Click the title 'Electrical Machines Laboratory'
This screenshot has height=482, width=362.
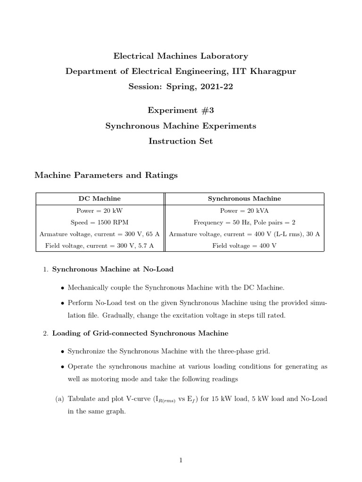point(181,56)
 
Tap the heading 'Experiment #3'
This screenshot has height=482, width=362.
point(181,110)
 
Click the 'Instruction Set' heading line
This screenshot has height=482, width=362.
point(181,141)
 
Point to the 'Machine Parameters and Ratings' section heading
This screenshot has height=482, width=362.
point(106,175)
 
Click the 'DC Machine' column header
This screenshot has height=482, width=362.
point(99,199)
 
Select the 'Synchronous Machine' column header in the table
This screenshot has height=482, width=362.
point(244,199)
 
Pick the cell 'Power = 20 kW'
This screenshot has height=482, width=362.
point(99,211)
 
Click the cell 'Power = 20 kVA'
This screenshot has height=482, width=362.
point(244,211)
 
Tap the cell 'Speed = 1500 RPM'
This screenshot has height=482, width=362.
point(99,222)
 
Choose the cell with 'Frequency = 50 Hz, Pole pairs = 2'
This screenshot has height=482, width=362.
point(244,222)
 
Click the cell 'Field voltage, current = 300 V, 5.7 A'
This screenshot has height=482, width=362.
point(99,245)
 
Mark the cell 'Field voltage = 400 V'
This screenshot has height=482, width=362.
point(244,245)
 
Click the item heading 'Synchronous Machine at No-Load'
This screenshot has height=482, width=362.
point(113,269)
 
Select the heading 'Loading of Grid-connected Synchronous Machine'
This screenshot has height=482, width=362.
point(140,333)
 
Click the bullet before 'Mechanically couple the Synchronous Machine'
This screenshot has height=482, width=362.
point(63,288)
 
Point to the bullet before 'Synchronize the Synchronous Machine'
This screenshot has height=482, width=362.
point(63,352)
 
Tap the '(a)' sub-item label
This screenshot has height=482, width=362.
point(60,399)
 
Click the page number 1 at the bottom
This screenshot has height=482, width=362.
point(181,460)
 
